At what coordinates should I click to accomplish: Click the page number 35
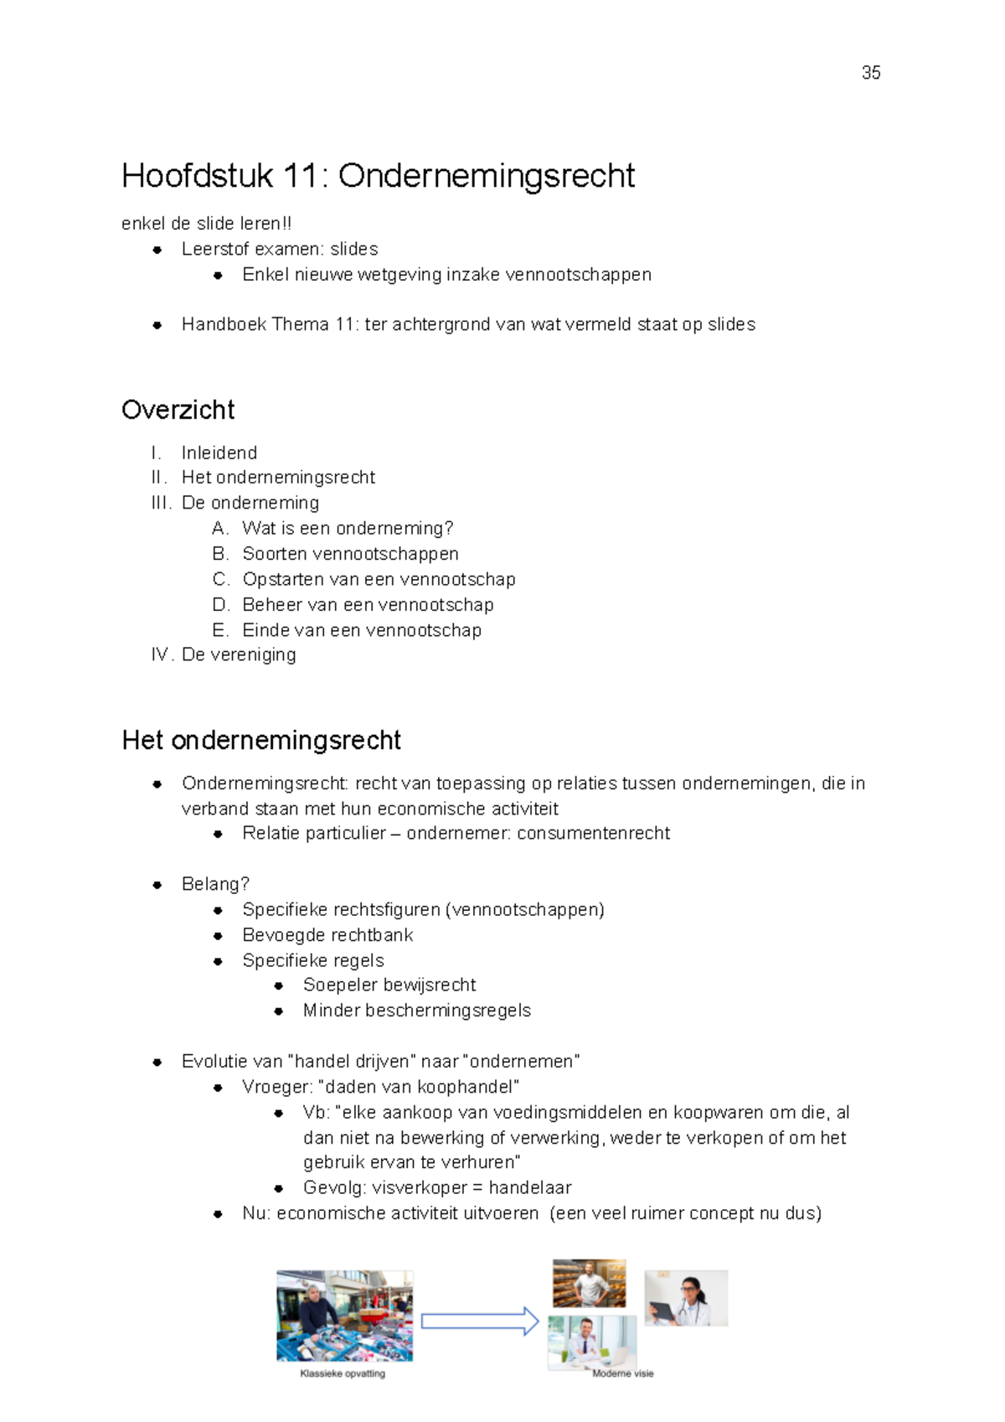pyautogui.click(x=870, y=73)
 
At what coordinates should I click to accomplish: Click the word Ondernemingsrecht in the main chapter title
pyautogui.click(x=486, y=176)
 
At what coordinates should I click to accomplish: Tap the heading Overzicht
pyautogui.click(x=178, y=410)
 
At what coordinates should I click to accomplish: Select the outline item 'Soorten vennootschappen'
pyautogui.click(x=350, y=554)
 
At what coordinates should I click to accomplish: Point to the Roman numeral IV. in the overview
pyautogui.click(x=162, y=654)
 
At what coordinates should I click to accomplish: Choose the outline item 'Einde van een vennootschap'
pyautogui.click(x=362, y=630)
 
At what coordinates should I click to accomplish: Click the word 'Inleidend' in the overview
pyautogui.click(x=219, y=452)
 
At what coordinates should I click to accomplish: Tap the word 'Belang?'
pyautogui.click(x=215, y=884)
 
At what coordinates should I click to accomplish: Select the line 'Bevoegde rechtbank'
pyautogui.click(x=327, y=935)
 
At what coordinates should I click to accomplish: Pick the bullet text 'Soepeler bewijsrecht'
pyautogui.click(x=389, y=985)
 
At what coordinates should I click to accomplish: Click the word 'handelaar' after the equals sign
pyautogui.click(x=529, y=1187)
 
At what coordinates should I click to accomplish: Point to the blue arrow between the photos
pyautogui.click(x=479, y=1321)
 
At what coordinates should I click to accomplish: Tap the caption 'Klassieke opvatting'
pyautogui.click(x=343, y=1373)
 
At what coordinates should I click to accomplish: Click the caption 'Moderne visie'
pyautogui.click(x=622, y=1373)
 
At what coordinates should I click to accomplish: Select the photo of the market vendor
pyautogui.click(x=344, y=1316)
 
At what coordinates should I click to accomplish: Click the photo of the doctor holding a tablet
pyautogui.click(x=685, y=1298)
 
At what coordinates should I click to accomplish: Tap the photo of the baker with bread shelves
pyautogui.click(x=589, y=1283)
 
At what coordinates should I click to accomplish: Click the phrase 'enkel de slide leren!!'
pyautogui.click(x=206, y=224)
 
